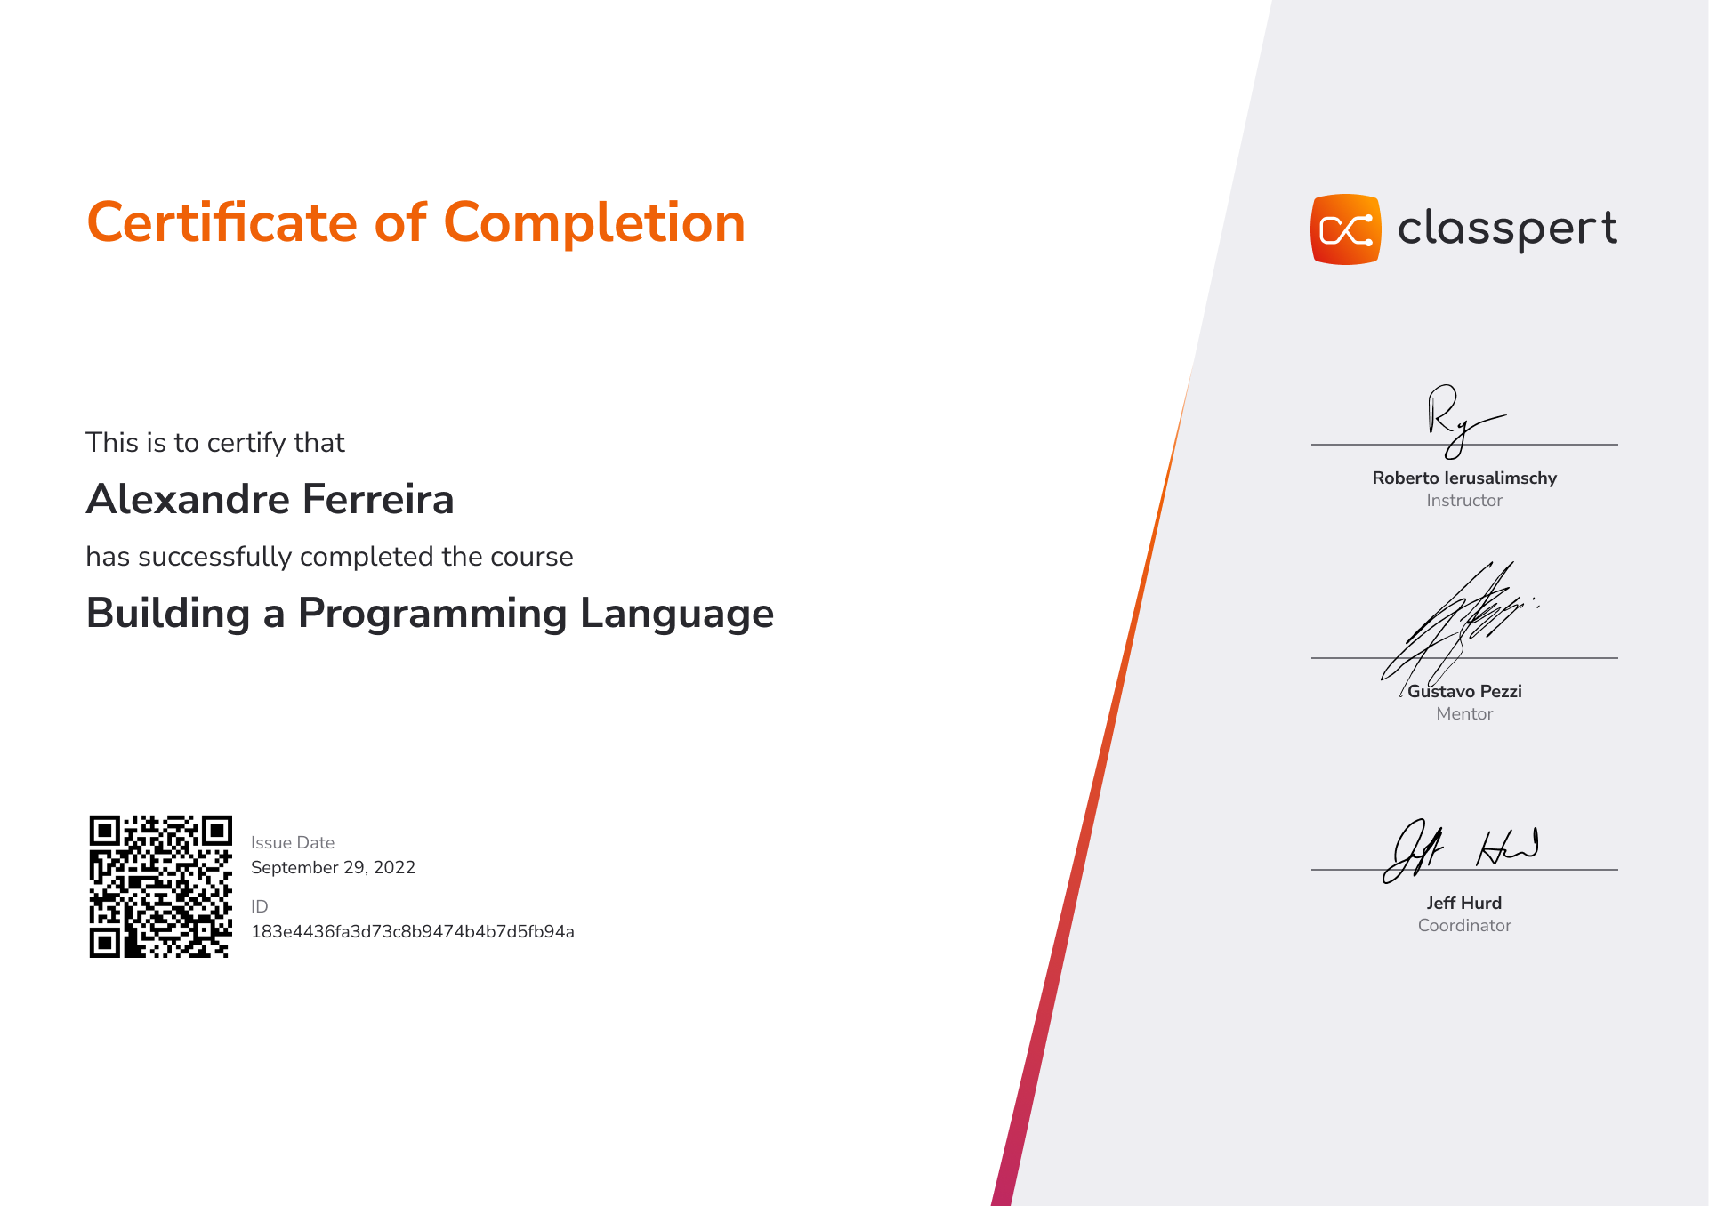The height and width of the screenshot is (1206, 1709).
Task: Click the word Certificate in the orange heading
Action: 222,222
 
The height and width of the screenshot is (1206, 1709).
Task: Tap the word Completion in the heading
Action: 594,222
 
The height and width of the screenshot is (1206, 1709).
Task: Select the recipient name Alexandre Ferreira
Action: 270,499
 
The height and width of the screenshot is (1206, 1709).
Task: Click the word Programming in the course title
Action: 432,615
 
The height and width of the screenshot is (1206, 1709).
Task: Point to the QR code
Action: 161,886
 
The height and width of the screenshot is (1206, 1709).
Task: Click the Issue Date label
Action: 293,842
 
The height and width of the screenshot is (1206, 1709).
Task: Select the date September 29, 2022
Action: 333,867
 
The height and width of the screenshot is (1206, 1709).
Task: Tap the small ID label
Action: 260,906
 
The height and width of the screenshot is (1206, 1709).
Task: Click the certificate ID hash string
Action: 413,931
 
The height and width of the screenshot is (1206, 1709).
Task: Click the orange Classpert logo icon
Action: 1346,229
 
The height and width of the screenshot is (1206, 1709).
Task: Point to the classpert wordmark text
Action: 1508,229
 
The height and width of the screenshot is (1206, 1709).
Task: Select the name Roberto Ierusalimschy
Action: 1464,478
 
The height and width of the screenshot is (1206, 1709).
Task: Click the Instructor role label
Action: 1464,500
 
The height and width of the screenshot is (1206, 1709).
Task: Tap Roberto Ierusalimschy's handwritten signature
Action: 1459,420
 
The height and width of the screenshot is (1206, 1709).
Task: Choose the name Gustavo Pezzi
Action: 1464,691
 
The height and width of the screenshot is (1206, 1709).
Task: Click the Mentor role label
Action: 1464,713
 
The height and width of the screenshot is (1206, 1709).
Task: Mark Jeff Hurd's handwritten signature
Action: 1459,850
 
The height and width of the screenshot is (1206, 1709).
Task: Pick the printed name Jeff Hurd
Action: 1464,903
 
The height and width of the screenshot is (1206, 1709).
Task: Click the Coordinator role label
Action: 1464,925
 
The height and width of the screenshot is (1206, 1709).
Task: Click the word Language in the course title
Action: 677,615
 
